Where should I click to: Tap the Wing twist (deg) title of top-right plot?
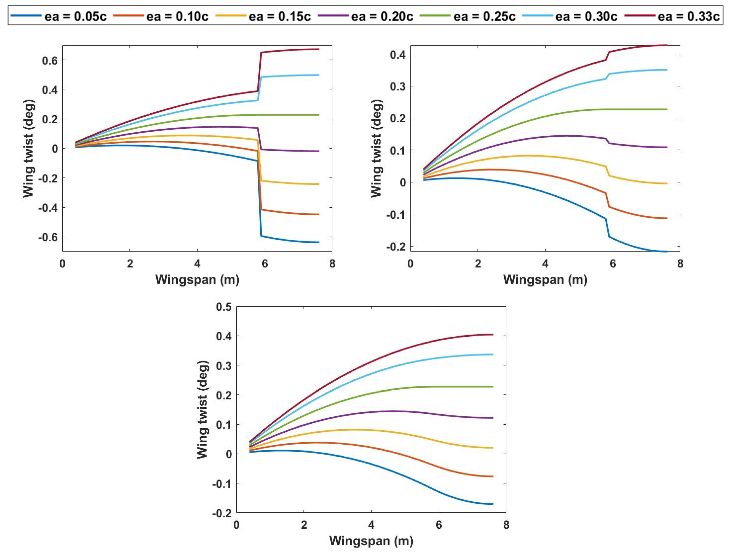[376, 148]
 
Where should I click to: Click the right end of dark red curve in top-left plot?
[319, 49]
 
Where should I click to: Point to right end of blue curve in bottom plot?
[493, 504]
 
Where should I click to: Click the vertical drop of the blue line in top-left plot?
[259, 198]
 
